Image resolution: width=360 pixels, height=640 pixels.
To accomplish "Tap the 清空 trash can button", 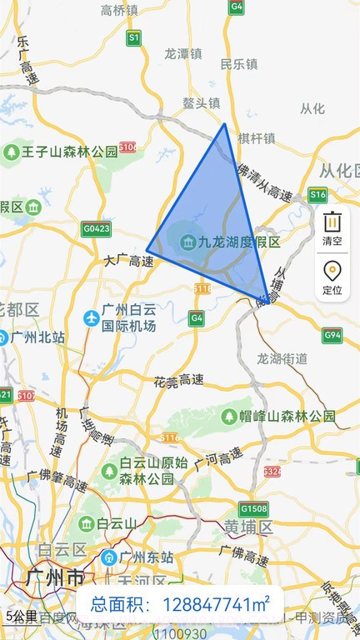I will click(332, 227).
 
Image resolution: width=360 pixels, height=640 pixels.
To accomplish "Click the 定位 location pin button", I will click(332, 277).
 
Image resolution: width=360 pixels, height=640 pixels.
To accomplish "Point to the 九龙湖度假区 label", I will click(239, 242).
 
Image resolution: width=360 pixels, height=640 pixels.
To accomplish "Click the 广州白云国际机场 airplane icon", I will click(92, 317).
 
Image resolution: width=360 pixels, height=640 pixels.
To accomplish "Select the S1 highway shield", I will click(134, 37).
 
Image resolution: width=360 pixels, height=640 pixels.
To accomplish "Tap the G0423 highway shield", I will click(96, 227).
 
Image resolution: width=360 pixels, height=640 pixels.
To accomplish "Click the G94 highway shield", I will click(332, 336).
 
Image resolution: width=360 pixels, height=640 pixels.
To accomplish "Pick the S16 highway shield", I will click(317, 195).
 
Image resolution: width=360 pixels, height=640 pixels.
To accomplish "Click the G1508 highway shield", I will click(252, 508).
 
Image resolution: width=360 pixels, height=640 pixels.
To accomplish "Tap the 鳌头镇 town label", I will click(202, 103).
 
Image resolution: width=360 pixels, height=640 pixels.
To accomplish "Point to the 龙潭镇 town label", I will click(183, 52).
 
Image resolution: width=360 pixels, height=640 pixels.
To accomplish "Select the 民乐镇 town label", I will click(239, 63).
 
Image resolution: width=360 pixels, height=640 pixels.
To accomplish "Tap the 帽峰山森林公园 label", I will click(287, 415).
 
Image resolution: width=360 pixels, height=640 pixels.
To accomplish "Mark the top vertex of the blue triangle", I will click(224, 124).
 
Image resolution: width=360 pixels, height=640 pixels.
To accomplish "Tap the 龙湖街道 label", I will click(282, 359).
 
